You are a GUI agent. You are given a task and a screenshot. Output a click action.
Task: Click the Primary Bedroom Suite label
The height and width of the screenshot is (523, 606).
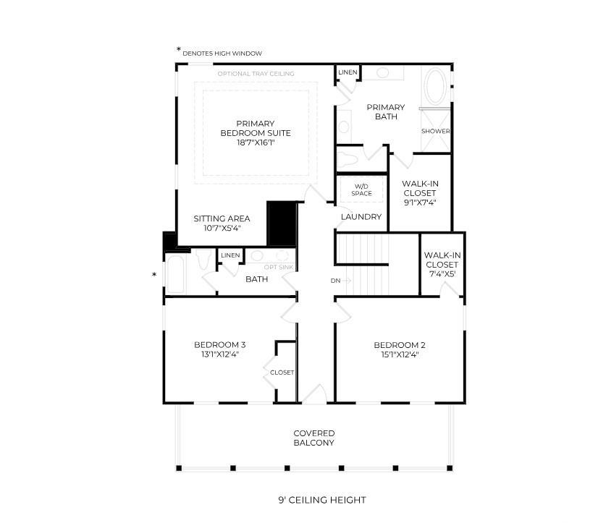[x=256, y=128]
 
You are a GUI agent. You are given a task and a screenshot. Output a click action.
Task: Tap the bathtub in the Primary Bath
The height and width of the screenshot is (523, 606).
[x=436, y=86]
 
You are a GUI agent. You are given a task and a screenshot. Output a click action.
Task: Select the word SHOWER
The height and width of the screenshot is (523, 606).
[x=436, y=131]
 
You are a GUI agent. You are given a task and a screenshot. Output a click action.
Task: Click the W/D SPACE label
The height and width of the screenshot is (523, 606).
[x=361, y=190]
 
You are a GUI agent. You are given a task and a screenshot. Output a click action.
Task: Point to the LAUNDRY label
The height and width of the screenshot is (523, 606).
[x=361, y=217]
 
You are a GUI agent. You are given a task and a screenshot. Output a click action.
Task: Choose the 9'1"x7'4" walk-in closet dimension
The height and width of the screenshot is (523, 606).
[x=420, y=203]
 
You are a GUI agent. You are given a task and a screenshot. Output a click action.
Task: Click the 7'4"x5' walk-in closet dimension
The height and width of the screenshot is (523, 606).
[x=442, y=274]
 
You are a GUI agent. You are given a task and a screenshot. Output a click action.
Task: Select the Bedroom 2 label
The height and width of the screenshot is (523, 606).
[x=400, y=345]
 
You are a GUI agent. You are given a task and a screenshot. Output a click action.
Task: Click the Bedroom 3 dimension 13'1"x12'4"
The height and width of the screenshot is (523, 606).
[x=220, y=354]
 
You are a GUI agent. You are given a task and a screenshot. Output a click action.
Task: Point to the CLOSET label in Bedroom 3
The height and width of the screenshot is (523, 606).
[x=282, y=373]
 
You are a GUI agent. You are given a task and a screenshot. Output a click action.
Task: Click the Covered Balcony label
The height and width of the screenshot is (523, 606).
[x=313, y=438]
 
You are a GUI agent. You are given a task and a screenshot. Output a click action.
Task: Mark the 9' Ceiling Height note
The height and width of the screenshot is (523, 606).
[x=322, y=500]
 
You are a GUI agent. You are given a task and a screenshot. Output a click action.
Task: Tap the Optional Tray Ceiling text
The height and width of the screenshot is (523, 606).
[x=256, y=73]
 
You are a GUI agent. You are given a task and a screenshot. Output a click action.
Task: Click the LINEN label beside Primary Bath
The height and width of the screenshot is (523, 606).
[x=348, y=72]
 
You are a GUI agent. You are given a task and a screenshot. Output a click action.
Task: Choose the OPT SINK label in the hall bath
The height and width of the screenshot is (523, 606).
[x=279, y=268]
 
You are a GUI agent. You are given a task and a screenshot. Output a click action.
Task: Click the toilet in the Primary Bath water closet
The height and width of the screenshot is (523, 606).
[x=346, y=159]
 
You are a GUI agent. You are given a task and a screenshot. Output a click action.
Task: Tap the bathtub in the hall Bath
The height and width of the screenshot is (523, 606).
[x=175, y=274]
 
